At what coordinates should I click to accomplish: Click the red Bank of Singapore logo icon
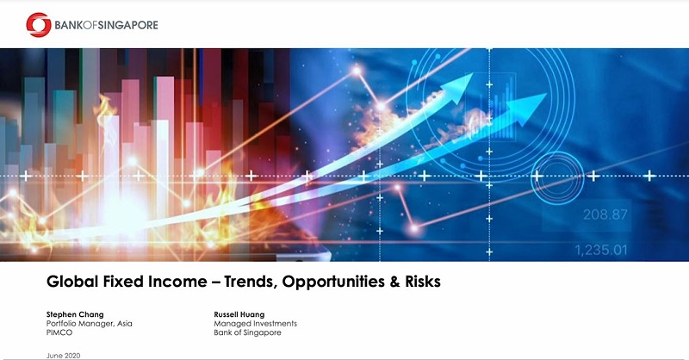click(x=39, y=25)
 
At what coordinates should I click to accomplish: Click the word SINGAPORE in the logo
click(x=127, y=25)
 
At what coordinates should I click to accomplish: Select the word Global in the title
click(x=72, y=282)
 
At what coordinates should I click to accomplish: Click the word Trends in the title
click(x=251, y=282)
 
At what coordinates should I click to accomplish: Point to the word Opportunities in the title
click(x=333, y=282)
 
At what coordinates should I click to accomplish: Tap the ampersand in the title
click(x=394, y=282)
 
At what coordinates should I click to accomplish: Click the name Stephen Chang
click(x=75, y=314)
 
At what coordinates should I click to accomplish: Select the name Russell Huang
click(x=239, y=314)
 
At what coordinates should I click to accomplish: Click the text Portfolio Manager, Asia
click(x=90, y=324)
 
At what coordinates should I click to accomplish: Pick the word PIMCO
click(x=59, y=332)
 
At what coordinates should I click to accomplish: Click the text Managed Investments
click(x=255, y=324)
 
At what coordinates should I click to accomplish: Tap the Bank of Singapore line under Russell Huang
click(x=247, y=332)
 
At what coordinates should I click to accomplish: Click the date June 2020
click(x=63, y=356)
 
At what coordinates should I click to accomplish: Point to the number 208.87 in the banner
click(x=605, y=214)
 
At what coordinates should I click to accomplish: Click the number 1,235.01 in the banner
click(x=601, y=250)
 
